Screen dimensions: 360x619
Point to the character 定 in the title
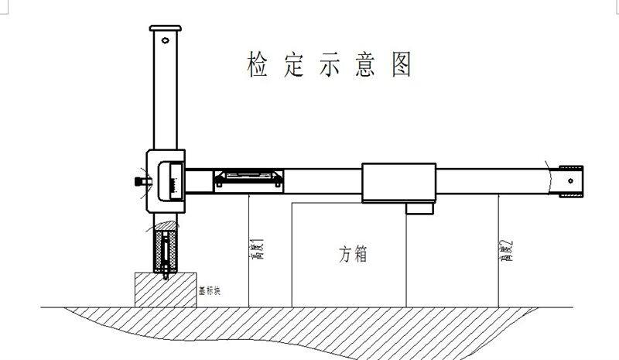pyautogui.click(x=292, y=64)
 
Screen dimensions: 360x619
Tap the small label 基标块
pyautogui.click(x=210, y=292)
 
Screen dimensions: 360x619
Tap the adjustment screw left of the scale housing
pyautogui.click(x=139, y=182)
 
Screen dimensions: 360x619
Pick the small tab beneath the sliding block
pyautogui.click(x=421, y=207)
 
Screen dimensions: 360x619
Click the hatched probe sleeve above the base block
pyautogui.click(x=166, y=252)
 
